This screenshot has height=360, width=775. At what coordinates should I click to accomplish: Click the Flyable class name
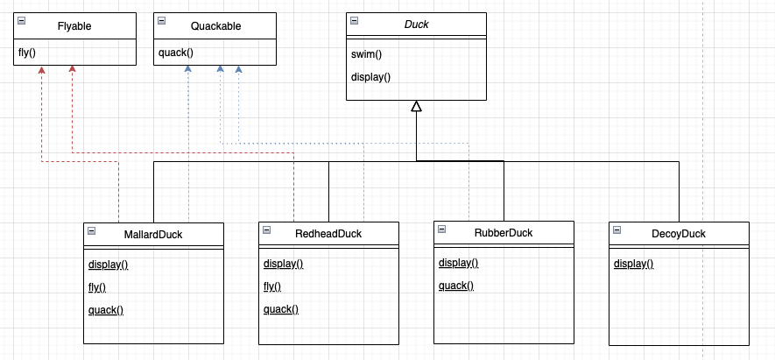click(x=74, y=26)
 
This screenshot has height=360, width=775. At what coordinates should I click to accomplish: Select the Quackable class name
click(x=216, y=26)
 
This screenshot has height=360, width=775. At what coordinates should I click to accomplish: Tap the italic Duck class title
click(x=417, y=25)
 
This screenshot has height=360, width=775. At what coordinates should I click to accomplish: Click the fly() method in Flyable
click(x=26, y=52)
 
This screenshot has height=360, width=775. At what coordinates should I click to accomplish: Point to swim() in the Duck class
click(x=367, y=54)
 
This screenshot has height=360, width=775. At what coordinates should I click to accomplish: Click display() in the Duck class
click(x=370, y=77)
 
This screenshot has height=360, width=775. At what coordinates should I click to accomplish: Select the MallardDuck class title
click(x=153, y=235)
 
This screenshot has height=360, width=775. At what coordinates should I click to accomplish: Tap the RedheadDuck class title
click(x=328, y=233)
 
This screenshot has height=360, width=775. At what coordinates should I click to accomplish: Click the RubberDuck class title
click(x=504, y=232)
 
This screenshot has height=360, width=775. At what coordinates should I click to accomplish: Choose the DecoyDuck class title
click(x=679, y=233)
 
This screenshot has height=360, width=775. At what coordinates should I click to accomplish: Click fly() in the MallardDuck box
click(x=97, y=287)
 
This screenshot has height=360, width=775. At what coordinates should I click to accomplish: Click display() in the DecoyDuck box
click(x=634, y=264)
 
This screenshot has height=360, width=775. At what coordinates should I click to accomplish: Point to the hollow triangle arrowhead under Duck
click(x=417, y=106)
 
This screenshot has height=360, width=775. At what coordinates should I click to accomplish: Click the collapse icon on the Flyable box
click(x=21, y=21)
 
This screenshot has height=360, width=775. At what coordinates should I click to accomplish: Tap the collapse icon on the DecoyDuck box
click(x=617, y=230)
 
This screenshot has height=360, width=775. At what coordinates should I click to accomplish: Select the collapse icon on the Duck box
click(x=355, y=21)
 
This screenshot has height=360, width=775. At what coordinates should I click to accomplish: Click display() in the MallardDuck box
click(x=109, y=265)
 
